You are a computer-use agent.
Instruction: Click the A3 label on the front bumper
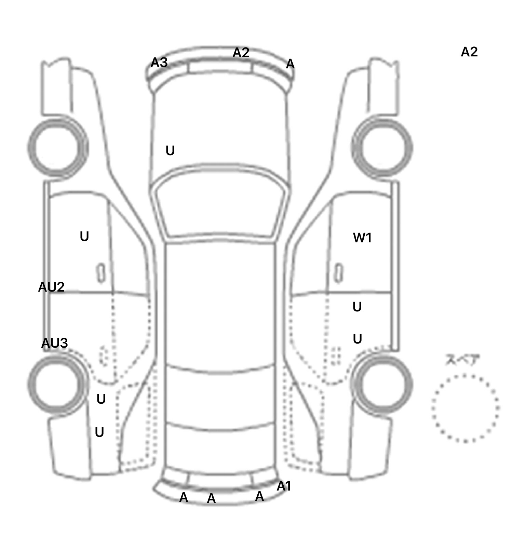point(159,63)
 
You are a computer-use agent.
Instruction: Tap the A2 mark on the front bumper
point(241,53)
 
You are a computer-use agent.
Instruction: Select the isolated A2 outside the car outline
point(469,52)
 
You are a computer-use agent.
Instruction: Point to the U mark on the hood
point(170,150)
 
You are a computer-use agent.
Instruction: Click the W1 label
point(362,238)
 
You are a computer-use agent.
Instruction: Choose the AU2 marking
point(51,287)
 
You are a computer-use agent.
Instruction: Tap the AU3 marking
point(54,343)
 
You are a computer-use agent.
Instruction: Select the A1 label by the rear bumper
point(284,486)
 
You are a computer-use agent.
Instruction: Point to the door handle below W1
point(339,273)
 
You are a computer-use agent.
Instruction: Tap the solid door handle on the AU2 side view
point(101,273)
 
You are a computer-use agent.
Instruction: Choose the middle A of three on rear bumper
point(211,498)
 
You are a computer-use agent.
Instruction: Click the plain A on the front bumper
point(290,64)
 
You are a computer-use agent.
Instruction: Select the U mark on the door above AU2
point(84,236)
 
